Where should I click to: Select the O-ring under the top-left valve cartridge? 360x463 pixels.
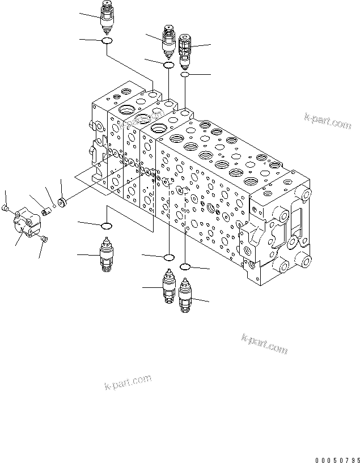coord(107,41)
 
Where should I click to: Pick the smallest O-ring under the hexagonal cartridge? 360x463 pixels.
coord(185,75)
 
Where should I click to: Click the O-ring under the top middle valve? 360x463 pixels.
coord(168,66)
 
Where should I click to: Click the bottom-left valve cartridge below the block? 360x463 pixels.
coord(106,256)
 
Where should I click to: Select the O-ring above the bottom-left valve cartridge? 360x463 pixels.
coord(106,227)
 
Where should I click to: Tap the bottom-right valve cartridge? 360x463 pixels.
coord(185,295)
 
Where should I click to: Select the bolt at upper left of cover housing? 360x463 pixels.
coord(6,209)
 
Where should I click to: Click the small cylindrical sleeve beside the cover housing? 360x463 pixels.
coord(46,213)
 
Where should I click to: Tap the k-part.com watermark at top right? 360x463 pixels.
coord(328,121)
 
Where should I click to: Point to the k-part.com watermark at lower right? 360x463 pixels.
coord(265,343)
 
